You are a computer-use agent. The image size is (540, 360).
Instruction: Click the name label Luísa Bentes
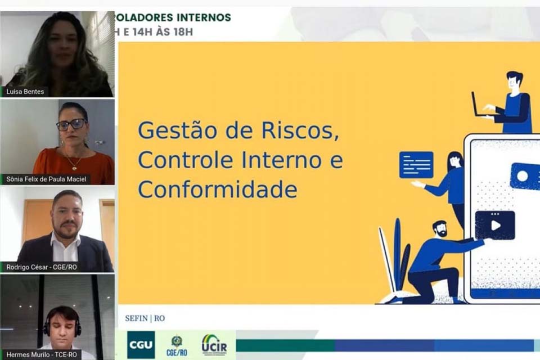pyautogui.click(x=25, y=91)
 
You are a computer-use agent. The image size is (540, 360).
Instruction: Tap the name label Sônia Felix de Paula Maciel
pyautogui.click(x=46, y=179)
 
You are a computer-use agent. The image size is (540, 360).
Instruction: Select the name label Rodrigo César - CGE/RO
pyautogui.click(x=41, y=267)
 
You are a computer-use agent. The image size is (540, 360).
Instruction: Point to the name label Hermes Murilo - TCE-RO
pyautogui.click(x=41, y=354)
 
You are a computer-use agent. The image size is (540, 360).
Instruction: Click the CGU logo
pyautogui.click(x=141, y=344)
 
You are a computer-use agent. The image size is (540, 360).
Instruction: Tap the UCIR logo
pyautogui.click(x=214, y=344)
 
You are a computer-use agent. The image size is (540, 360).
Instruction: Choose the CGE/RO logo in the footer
pyautogui.click(x=177, y=345)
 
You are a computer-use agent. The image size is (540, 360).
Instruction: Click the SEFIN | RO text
pyautogui.click(x=145, y=318)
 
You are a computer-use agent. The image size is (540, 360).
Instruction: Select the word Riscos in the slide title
pyautogui.click(x=303, y=131)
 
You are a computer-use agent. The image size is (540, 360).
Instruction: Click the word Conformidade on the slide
pyautogui.click(x=217, y=190)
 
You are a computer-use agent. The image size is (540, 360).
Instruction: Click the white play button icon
pyautogui.click(x=495, y=225)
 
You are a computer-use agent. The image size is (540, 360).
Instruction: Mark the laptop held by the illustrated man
pyautogui.click(x=479, y=106)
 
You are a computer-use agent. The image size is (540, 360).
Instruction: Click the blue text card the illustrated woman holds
pyautogui.click(x=416, y=165)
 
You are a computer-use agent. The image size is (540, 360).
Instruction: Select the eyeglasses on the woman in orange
pyautogui.click(x=71, y=124)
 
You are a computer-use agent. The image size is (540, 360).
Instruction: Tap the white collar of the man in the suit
pyautogui.click(x=66, y=241)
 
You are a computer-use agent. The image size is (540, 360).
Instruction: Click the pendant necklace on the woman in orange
pyautogui.click(x=71, y=167)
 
